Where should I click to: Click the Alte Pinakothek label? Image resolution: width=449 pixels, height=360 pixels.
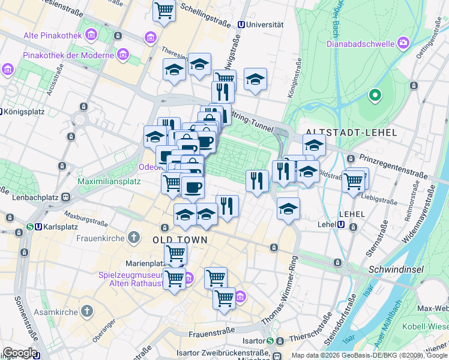pos(52,35)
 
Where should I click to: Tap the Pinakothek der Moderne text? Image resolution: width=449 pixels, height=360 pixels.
pos(68,56)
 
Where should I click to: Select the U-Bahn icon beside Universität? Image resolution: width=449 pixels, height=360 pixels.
pos(241,25)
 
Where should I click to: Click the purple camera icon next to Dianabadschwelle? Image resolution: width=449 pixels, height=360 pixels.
pos(402,43)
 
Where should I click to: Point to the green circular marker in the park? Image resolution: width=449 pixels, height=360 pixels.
pos(375,95)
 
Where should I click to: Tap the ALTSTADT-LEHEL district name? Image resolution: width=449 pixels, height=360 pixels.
pos(351,132)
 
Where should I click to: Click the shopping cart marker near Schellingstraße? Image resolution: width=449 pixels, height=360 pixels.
pos(164,11)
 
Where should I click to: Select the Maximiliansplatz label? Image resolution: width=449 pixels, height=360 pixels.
pos(109,181)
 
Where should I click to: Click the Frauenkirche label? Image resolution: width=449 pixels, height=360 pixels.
pos(97,238)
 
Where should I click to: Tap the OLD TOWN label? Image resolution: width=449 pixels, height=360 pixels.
pos(180,240)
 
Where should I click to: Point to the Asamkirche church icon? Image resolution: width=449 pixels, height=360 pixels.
pos(88,310)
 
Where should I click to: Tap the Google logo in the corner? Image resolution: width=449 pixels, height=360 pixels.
pos(19,353)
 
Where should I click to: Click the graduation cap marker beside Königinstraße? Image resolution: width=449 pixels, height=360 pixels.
pos(255,80)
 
